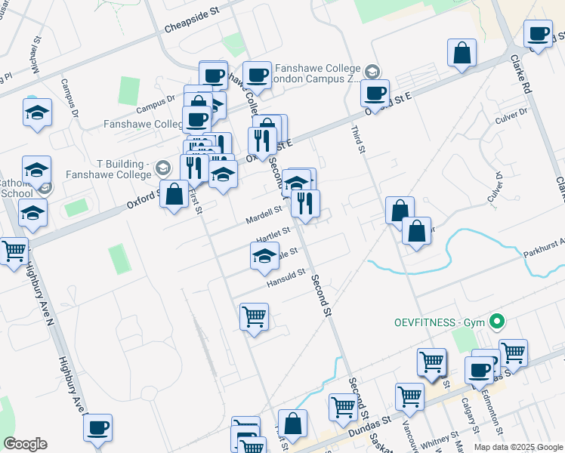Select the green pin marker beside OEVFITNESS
point(496,322)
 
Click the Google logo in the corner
point(25,444)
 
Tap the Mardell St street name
point(264,215)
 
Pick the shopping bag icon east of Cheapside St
point(462,54)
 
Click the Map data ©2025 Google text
point(518,447)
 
